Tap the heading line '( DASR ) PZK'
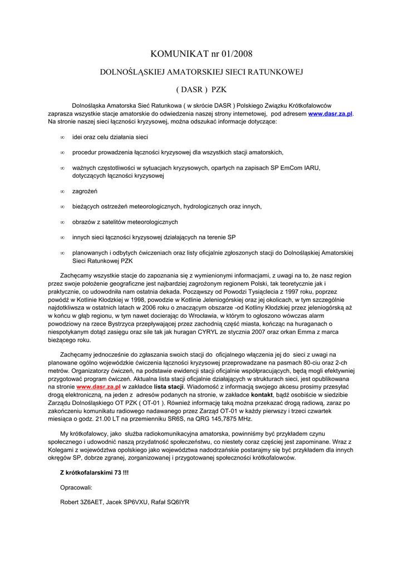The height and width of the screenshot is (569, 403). [202, 89]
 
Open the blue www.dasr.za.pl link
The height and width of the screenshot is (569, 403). [331, 113]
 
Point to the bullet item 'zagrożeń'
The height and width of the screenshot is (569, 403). [85, 191]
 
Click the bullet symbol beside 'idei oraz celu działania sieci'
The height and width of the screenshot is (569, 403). [62, 137]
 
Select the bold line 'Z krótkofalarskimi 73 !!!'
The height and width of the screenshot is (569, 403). [94, 472]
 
